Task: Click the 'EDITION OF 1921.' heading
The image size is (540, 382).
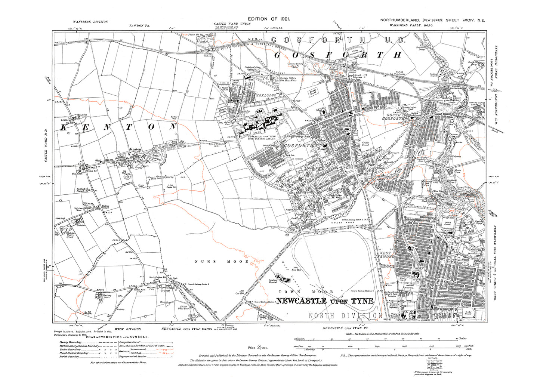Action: (269, 19)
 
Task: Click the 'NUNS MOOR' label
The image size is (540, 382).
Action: (222, 261)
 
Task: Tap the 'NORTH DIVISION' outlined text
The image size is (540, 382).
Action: (345, 316)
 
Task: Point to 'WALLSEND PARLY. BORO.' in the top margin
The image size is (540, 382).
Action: (405, 25)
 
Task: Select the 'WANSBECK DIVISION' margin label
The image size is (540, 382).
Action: (90, 22)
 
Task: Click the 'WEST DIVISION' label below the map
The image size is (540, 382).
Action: (127, 329)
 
